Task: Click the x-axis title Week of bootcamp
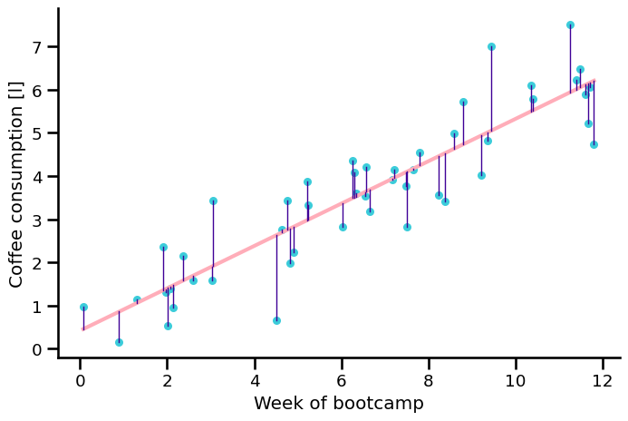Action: click(x=338, y=404)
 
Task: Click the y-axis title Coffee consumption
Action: click(x=16, y=182)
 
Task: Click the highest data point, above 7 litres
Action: click(x=570, y=25)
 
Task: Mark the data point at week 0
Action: click(x=83, y=307)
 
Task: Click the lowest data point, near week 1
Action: click(x=119, y=342)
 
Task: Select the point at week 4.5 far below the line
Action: click(x=276, y=320)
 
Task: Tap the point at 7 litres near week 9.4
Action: click(x=491, y=46)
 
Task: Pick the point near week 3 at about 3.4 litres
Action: click(x=213, y=201)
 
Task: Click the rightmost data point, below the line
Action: click(x=594, y=144)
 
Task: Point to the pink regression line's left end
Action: click(x=83, y=328)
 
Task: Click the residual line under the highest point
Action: click(x=570, y=59)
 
